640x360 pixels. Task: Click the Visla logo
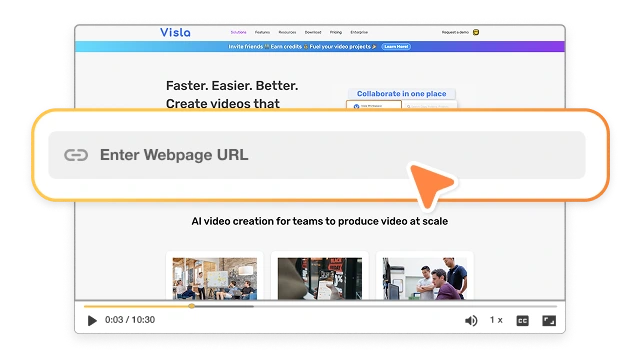click(175, 32)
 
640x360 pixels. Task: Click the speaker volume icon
click(471, 321)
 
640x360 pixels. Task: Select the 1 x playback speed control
click(496, 320)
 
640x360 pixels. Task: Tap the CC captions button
click(522, 321)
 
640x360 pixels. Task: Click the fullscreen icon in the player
click(549, 321)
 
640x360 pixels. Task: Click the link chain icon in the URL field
click(76, 155)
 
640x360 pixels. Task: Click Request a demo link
click(454, 32)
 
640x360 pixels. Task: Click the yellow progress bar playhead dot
click(191, 306)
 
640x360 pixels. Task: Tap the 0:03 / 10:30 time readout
click(129, 321)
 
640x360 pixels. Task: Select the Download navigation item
click(313, 32)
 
